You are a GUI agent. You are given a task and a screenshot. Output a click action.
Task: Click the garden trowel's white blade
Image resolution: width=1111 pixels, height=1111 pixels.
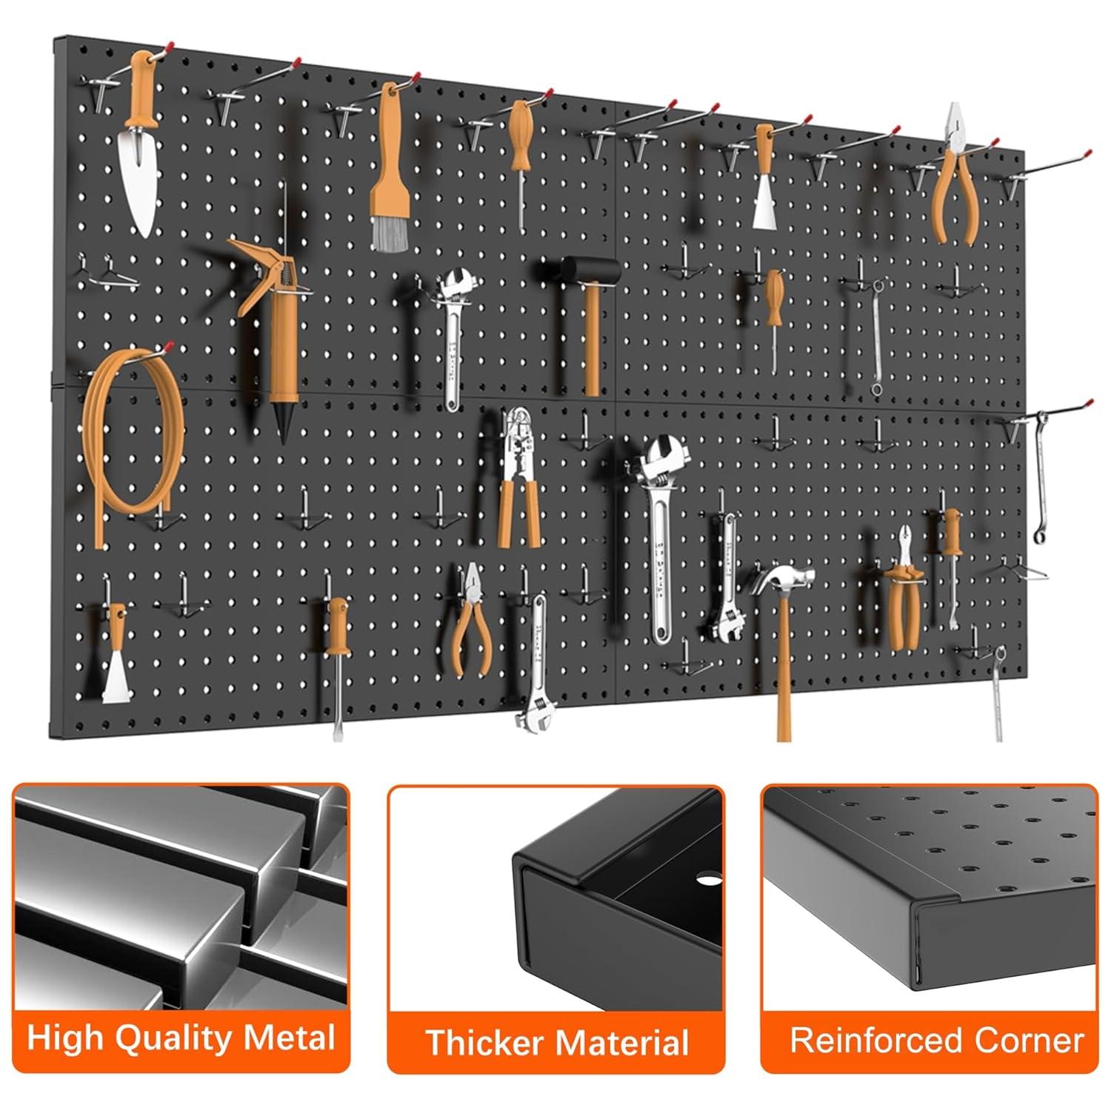pyautogui.click(x=139, y=181)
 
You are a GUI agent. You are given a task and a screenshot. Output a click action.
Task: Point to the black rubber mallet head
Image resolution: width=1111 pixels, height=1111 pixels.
pyautogui.click(x=590, y=270)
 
